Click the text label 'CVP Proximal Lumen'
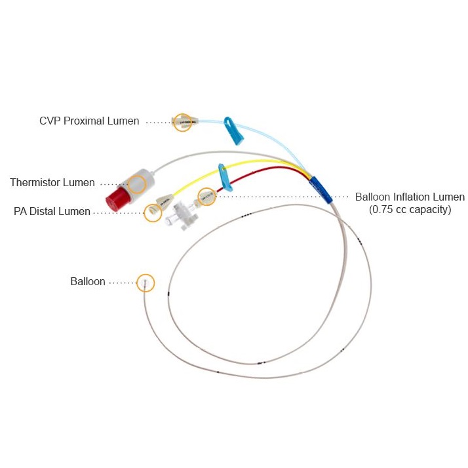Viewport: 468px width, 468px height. click(x=89, y=121)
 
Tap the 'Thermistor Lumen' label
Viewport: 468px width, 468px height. click(x=52, y=183)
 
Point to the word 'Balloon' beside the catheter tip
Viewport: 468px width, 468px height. click(x=88, y=282)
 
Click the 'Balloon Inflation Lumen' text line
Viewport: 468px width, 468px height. click(x=410, y=197)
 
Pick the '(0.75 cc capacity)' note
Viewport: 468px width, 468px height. click(x=410, y=210)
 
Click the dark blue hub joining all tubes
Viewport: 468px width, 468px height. click(x=321, y=189)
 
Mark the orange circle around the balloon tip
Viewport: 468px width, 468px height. click(x=146, y=283)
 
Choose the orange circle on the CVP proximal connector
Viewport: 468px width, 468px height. click(x=183, y=122)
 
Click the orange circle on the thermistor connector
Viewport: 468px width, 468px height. click(x=137, y=184)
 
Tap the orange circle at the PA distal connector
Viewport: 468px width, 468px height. click(x=153, y=212)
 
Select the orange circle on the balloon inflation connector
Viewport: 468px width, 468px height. click(x=206, y=196)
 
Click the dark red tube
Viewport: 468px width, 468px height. click(x=262, y=172)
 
